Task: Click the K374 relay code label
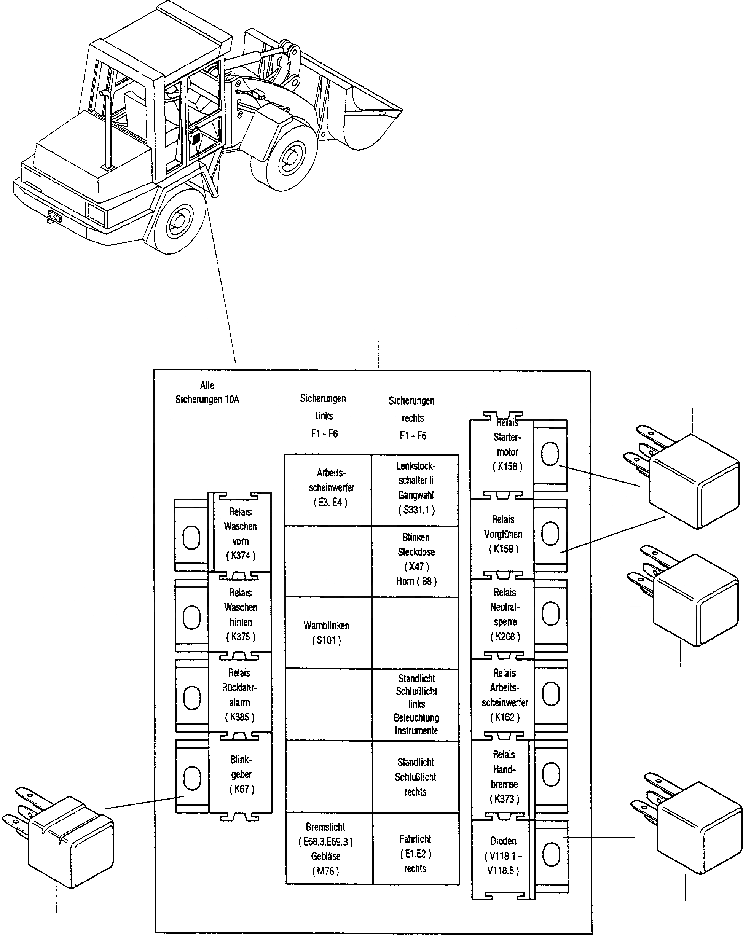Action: click(241, 556)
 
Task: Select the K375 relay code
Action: click(241, 637)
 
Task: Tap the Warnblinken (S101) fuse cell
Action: click(327, 633)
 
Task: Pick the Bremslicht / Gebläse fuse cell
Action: click(326, 849)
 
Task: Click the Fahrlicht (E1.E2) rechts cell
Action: click(416, 853)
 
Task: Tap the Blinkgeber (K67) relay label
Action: click(241, 774)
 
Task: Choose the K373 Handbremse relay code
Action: click(504, 799)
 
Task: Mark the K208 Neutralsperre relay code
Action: click(505, 637)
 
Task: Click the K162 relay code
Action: click(505, 717)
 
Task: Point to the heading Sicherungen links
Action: click(324, 407)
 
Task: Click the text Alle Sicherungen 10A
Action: click(207, 392)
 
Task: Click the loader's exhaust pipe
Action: click(107, 130)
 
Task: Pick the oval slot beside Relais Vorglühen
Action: click(550, 534)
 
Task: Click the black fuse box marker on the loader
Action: click(196, 139)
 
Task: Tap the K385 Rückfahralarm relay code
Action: click(240, 717)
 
